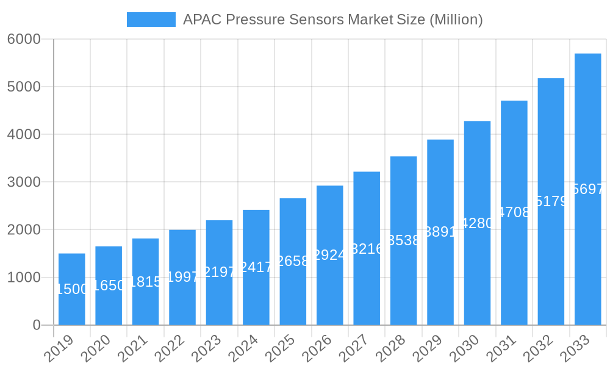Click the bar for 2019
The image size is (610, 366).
[x=71, y=289]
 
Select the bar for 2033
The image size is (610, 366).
[x=587, y=189]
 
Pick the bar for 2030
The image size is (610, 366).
[x=477, y=223]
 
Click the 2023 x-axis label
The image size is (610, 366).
[x=207, y=349]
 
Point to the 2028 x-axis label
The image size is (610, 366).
[x=391, y=349]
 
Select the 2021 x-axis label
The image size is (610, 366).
[x=133, y=349]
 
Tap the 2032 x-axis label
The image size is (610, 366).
[x=539, y=349]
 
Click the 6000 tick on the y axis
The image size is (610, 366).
[x=24, y=39]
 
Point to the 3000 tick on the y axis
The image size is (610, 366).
[x=24, y=182]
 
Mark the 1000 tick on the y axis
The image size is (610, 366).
[x=24, y=278]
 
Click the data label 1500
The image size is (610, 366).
[x=72, y=289]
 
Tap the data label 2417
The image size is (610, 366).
[x=256, y=267]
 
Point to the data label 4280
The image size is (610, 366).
[x=477, y=223]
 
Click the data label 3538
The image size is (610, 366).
[x=403, y=240]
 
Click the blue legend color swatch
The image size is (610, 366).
[x=151, y=20]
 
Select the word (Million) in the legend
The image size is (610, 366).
[x=456, y=20]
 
